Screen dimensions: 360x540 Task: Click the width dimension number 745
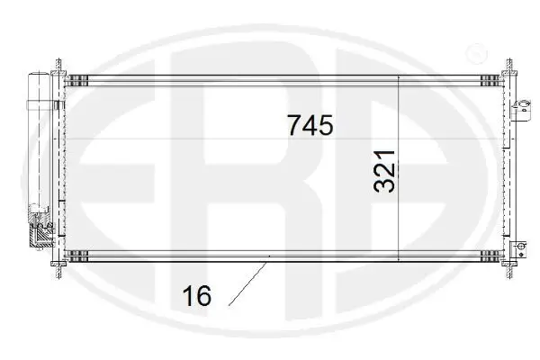tap(310, 125)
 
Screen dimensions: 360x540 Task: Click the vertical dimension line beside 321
tap(400, 166)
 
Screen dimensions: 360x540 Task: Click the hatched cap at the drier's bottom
tap(40, 237)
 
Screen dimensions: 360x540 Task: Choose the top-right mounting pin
tap(508, 65)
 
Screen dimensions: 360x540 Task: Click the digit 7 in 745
tap(293, 125)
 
